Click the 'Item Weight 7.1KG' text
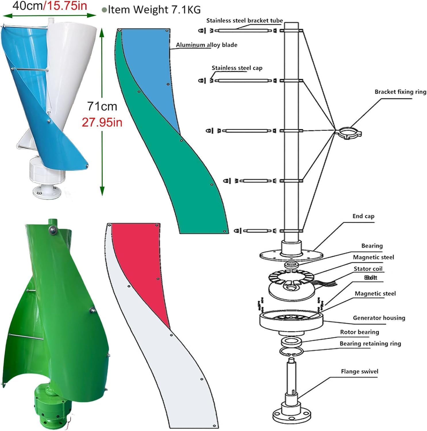154,9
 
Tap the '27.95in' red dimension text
102,122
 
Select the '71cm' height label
102,106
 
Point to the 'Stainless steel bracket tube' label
245,20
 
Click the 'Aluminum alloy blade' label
207,45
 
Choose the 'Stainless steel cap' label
237,68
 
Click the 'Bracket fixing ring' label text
400,92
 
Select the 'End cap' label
363,216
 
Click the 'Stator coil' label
368,269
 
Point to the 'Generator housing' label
379,318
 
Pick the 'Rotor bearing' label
359,332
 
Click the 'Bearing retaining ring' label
370,343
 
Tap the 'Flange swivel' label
359,371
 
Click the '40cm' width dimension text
28,6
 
